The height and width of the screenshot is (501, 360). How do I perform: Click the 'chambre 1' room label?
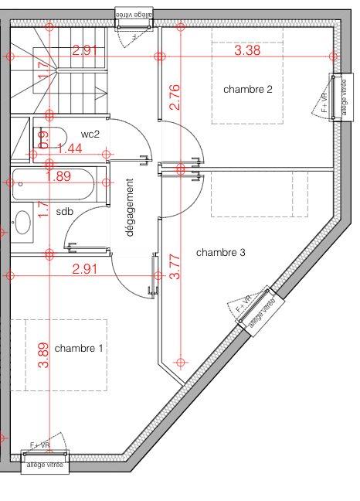79,349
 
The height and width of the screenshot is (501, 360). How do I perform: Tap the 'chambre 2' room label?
247,90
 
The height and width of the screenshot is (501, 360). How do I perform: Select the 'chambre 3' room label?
221,253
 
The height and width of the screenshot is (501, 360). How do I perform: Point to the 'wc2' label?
90,135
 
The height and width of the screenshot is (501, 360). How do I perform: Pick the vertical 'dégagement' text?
129,207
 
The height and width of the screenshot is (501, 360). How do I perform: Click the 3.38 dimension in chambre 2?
247,51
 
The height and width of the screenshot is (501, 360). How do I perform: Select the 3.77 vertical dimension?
175,267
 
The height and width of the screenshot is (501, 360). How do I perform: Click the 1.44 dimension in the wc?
70,148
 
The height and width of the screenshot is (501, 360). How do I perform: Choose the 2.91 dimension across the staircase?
86,51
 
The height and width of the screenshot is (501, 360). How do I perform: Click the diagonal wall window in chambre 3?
256,310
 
